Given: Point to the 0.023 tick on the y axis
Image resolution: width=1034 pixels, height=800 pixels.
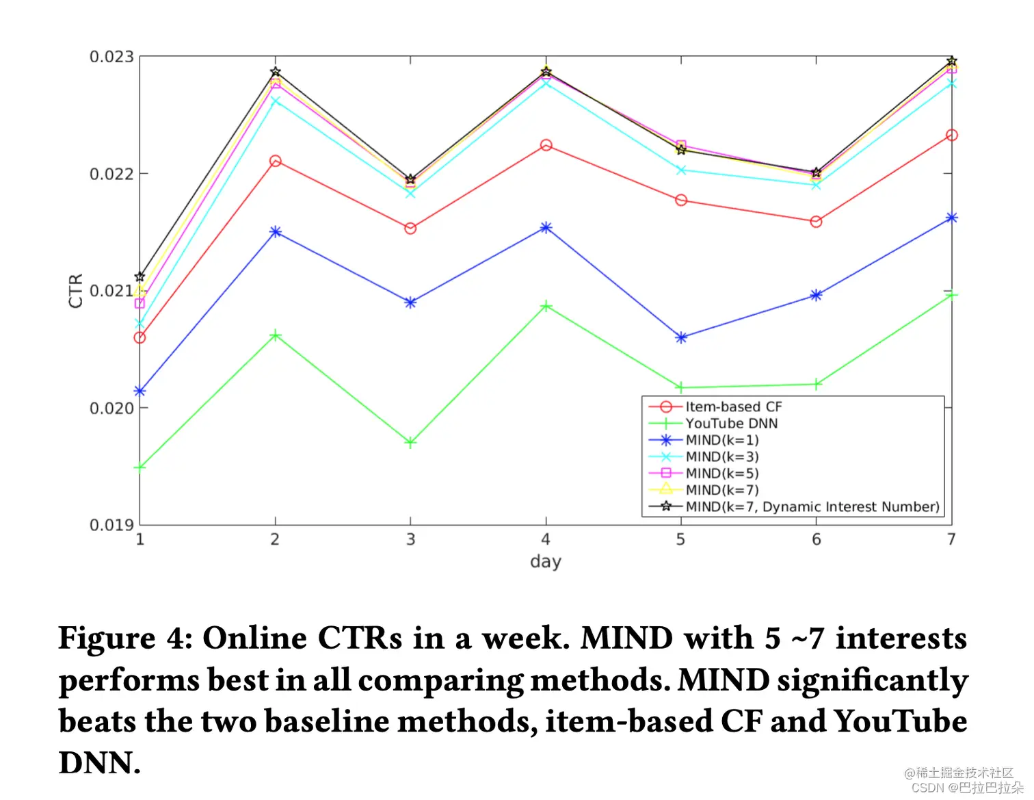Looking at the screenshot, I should pos(111,57).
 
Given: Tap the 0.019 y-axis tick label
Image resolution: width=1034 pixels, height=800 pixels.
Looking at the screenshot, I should pos(111,525).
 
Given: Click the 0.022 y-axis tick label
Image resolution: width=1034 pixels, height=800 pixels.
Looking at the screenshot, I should pos(111,174).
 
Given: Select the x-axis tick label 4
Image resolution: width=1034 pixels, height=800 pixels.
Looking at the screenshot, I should pos(546,540).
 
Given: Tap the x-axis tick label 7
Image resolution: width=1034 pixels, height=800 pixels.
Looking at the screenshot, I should pos(951,540).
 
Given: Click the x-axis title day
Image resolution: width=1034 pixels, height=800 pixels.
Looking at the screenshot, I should pos(546,562).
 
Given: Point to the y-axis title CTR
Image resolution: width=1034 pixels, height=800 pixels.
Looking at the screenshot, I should pos(75,291).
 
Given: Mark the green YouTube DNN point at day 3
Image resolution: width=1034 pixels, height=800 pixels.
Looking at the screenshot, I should pos(410,443).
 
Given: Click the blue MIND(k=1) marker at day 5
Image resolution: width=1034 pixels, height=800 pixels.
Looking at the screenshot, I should pos(681,337).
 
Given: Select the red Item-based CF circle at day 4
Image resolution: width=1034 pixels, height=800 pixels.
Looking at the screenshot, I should pos(546,145).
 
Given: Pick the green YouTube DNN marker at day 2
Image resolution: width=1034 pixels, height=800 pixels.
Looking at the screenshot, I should pos(275,335).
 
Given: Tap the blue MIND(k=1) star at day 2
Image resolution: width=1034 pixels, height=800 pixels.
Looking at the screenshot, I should pos(275,232).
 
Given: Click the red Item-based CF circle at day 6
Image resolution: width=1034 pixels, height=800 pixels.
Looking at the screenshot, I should pos(816,222).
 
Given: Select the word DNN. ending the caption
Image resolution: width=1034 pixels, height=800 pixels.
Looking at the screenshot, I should pos(99,763).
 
